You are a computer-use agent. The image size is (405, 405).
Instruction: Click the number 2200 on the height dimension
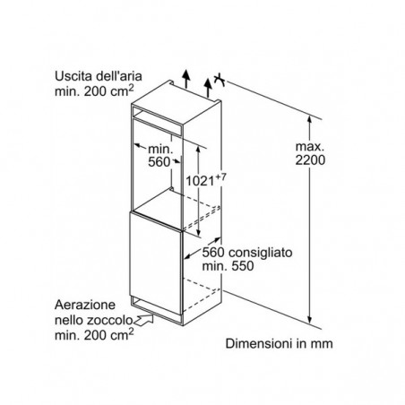tap(310, 160)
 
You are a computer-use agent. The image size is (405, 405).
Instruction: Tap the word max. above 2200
tap(310, 146)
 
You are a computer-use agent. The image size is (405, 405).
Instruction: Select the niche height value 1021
tap(200, 181)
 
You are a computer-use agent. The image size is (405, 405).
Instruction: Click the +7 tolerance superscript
tap(221, 177)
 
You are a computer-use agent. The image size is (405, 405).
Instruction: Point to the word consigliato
tap(261, 253)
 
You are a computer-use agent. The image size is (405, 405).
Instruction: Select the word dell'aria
tap(119, 76)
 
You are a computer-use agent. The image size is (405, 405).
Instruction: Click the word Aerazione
tap(85, 305)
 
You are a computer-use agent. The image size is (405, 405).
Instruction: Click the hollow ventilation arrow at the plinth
tap(144, 320)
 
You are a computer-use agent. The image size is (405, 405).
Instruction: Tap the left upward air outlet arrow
tap(186, 79)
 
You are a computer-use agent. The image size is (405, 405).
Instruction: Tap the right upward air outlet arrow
tap(208, 88)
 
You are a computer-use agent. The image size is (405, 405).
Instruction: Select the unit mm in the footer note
tap(322, 345)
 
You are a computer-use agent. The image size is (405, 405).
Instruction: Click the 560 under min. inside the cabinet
tap(159, 162)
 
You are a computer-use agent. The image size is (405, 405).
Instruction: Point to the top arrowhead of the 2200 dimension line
tap(310, 119)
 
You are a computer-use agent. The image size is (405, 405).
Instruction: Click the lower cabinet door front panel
tap(156, 263)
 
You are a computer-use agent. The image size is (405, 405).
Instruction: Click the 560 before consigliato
tap(213, 253)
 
